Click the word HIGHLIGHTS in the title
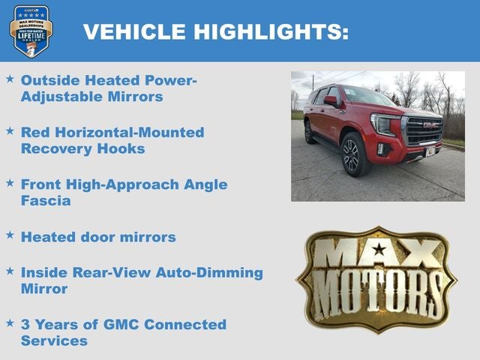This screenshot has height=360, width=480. click(x=271, y=31)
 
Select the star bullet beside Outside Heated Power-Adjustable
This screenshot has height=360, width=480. click(x=10, y=79)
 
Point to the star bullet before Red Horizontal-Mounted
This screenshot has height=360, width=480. click(x=10, y=131)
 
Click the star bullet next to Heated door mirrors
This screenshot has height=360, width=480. click(x=10, y=235)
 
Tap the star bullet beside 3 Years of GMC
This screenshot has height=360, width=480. click(x=10, y=323)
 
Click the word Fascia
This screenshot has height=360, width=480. click(x=46, y=201)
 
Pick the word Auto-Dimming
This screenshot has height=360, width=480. click(x=208, y=272)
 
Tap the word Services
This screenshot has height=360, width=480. click(x=54, y=340)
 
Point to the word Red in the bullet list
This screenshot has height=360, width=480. click(x=36, y=132)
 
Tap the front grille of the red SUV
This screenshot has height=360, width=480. click(x=424, y=130)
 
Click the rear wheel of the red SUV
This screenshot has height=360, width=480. click(x=310, y=132)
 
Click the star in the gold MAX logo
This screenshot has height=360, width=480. click(x=378, y=250)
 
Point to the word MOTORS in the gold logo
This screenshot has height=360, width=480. click(x=377, y=288)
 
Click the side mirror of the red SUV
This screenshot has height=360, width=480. click(x=331, y=100)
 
